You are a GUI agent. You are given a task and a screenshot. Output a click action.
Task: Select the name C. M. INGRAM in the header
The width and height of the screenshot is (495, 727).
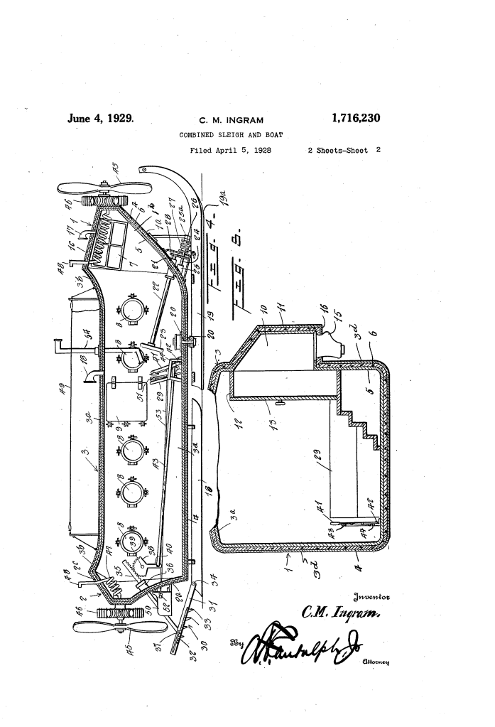coord(236,120)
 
